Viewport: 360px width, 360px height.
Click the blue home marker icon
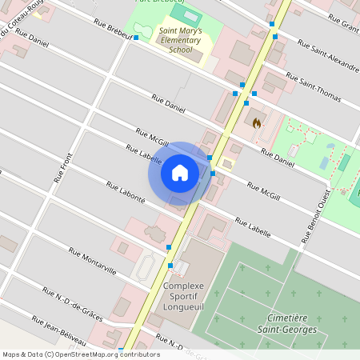(x=180, y=173)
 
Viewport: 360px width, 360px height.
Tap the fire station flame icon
(x=255, y=123)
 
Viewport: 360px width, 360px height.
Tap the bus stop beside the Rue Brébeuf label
(x=136, y=37)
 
